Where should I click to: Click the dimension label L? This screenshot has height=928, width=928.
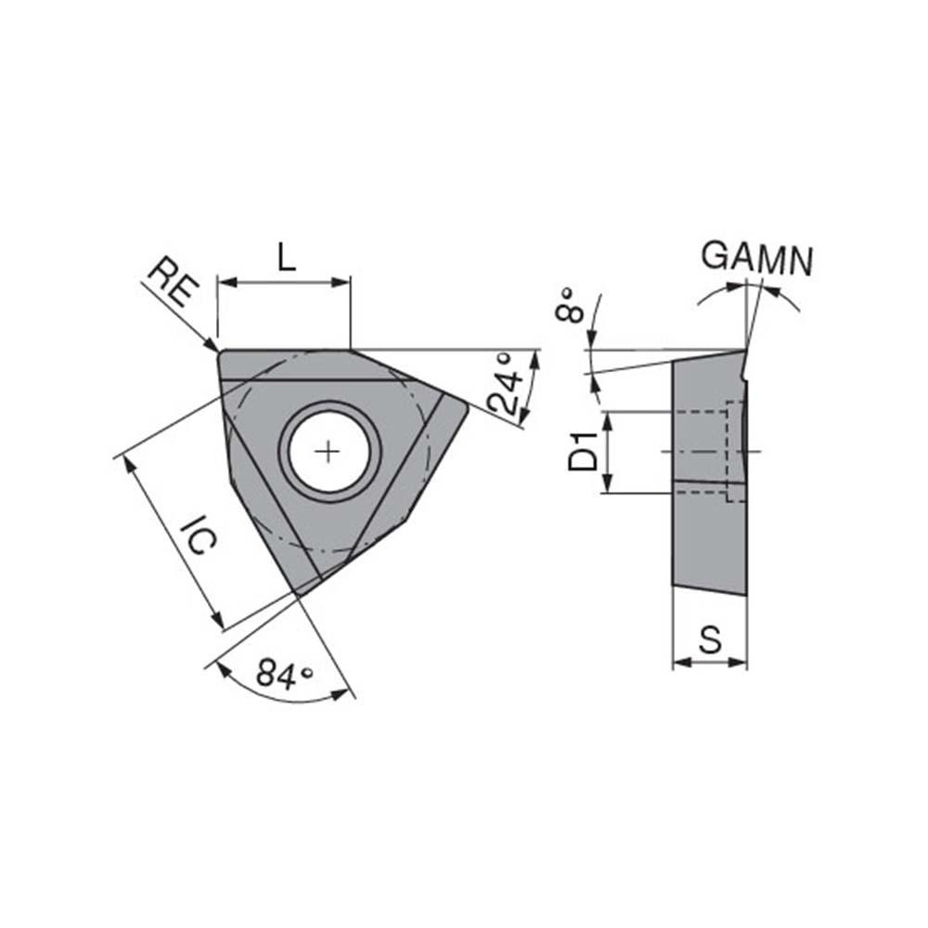tap(287, 256)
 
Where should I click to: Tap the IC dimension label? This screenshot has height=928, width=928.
tap(198, 538)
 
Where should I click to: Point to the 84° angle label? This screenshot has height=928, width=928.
tap(283, 674)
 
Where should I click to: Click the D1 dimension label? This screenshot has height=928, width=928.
tap(582, 451)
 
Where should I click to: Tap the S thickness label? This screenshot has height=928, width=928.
tap(710, 639)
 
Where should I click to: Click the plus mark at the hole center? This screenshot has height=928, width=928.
tap(327, 452)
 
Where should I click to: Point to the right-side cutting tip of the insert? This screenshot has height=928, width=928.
tap(465, 406)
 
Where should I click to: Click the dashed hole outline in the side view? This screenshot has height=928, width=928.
tap(735, 451)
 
